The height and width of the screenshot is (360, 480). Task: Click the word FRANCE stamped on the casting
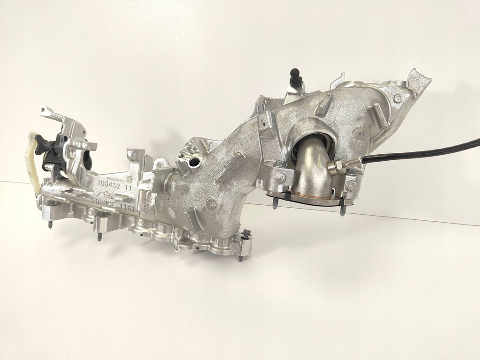tap(104, 201)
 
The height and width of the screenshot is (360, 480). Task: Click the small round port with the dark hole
tap(194, 164)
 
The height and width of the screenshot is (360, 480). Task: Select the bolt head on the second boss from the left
tap(101, 215)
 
